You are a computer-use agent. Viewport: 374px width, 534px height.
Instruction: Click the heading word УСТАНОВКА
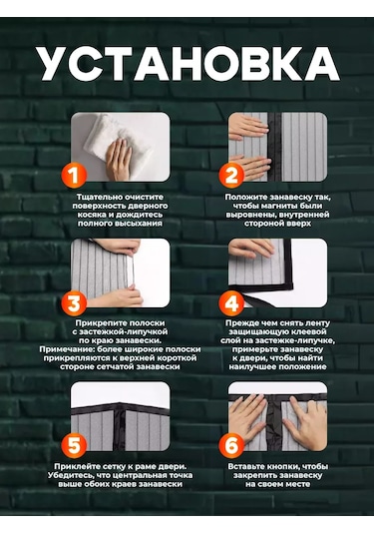click(x=187, y=64)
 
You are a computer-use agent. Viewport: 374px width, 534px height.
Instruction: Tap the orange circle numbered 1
click(x=74, y=175)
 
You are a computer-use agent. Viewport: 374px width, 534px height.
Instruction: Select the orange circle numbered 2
click(x=231, y=175)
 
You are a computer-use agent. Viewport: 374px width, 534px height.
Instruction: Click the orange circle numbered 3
click(x=74, y=303)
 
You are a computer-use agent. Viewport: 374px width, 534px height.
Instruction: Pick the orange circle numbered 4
click(x=231, y=303)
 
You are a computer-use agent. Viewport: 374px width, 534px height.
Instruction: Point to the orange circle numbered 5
click(x=74, y=445)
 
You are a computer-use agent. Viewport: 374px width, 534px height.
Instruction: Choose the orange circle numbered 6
click(x=231, y=445)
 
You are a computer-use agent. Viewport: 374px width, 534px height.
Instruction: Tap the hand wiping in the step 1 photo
click(x=118, y=159)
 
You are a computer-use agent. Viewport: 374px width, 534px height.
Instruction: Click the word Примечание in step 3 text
click(x=67, y=349)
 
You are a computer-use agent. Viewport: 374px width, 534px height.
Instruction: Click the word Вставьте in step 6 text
click(x=246, y=466)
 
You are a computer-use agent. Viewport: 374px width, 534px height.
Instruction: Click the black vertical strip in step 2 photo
click(x=274, y=147)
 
